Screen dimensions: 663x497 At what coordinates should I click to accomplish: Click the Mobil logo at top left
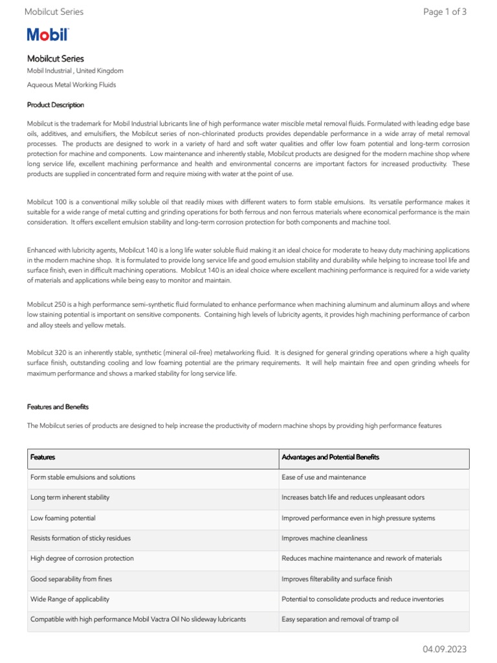[48, 35]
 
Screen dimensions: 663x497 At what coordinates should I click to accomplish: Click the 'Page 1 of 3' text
[445, 12]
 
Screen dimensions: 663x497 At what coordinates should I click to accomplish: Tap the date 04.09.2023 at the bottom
[445, 649]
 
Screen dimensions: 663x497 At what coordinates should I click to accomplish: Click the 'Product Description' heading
[56, 105]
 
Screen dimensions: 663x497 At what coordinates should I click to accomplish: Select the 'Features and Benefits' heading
[58, 407]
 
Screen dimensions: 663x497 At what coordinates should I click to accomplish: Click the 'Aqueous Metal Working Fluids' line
[71, 85]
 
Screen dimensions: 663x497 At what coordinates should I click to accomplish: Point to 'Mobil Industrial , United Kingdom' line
[75, 71]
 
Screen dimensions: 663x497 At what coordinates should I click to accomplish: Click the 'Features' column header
[43, 457]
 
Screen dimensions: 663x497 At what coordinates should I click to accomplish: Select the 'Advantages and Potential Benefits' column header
[330, 457]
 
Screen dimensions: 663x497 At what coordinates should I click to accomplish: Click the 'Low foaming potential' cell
[63, 518]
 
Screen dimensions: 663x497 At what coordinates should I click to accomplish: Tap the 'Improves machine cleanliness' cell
[324, 538]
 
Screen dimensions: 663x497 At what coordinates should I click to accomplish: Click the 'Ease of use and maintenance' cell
[324, 477]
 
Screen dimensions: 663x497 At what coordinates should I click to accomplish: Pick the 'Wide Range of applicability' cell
[70, 599]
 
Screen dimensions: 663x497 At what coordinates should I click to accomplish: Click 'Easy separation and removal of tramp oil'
[340, 619]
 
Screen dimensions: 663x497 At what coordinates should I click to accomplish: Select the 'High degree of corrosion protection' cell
[82, 558]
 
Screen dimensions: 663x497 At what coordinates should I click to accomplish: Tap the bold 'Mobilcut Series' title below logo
[56, 58]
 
